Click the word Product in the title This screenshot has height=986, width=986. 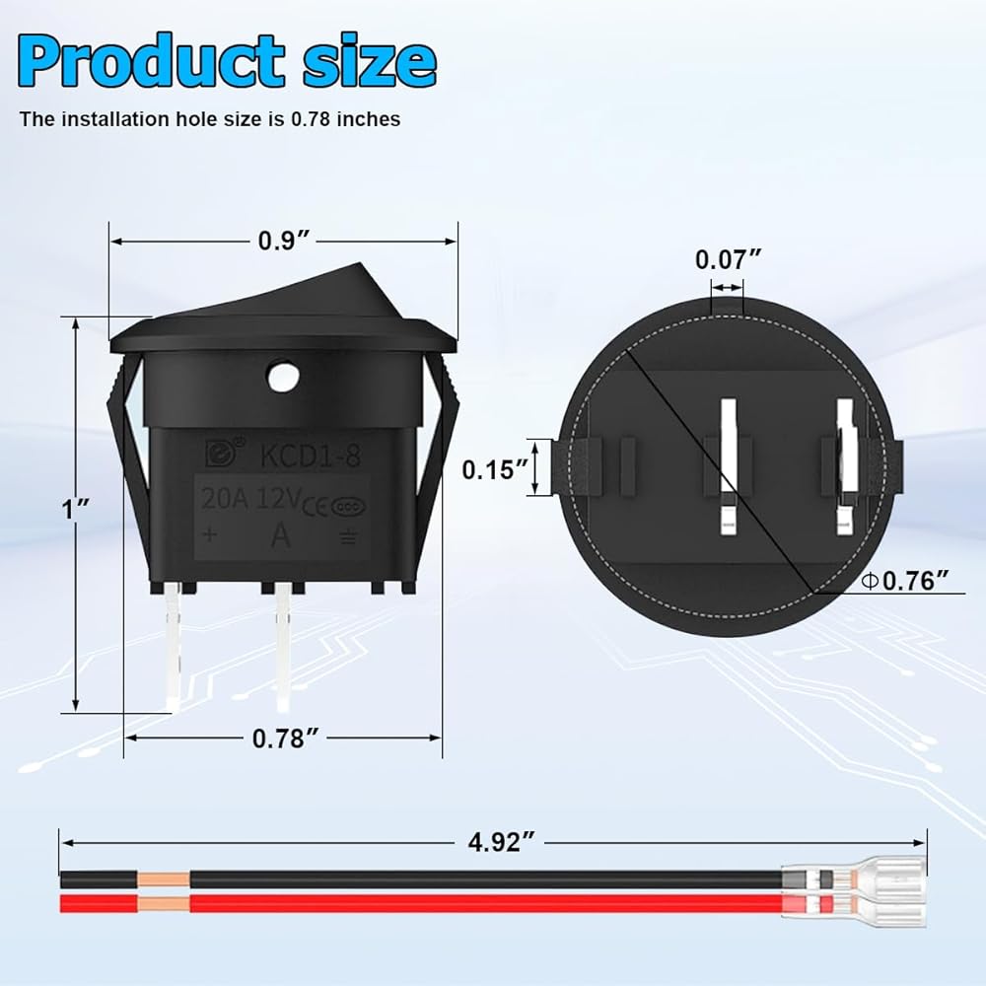[152, 60]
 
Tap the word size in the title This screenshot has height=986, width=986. [369, 61]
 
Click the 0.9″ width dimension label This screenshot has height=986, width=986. [284, 241]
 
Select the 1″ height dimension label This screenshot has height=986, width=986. [76, 509]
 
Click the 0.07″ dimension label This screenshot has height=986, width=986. [729, 259]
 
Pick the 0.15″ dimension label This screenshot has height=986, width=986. [496, 469]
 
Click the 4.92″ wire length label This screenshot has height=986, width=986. [501, 842]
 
